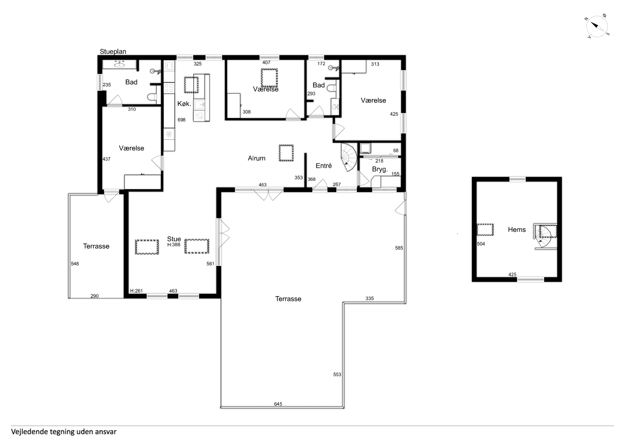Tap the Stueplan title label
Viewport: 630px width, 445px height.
coord(113,52)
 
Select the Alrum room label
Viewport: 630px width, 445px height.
coord(257,158)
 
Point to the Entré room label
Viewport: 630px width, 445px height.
coord(324,166)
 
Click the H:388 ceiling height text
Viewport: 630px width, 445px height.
coord(174,245)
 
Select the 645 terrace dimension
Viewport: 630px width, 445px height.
coord(278,404)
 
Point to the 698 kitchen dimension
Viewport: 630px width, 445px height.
coord(181,120)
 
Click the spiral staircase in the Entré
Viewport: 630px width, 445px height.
coord(349,157)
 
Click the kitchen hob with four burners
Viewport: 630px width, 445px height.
coord(169,88)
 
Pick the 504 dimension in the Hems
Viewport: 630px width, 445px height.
coord(481,244)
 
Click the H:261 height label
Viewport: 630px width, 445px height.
coord(136,291)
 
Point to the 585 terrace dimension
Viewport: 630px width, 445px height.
coord(399,248)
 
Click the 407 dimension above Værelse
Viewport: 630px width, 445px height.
coord(266,62)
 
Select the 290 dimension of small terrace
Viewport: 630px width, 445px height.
coord(94,296)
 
